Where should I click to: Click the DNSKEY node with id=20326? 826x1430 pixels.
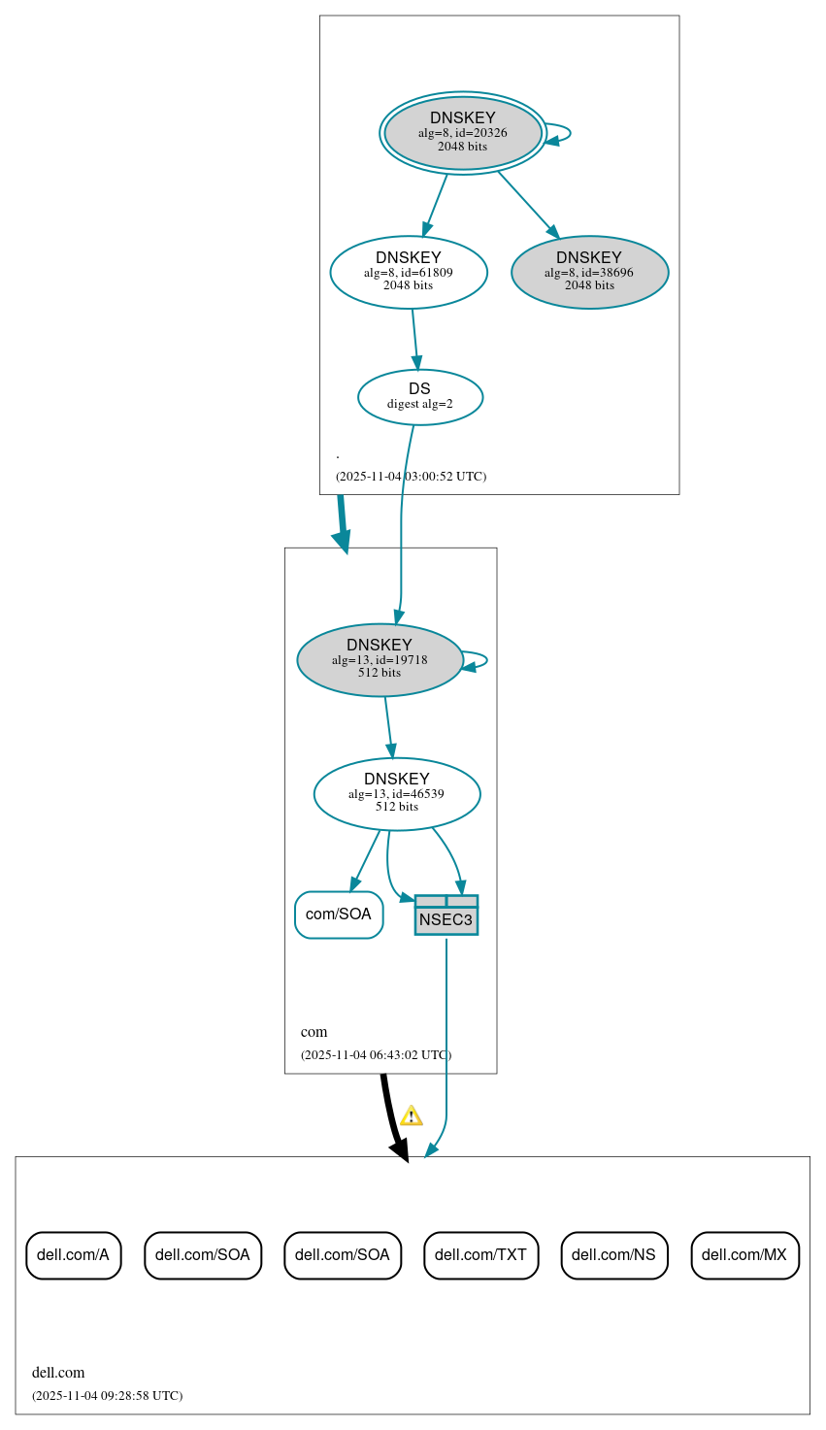pyautogui.click(x=463, y=133)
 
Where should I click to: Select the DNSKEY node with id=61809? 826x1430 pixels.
pyautogui.click(x=409, y=273)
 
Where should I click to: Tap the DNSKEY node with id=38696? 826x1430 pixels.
pyautogui.click(x=589, y=273)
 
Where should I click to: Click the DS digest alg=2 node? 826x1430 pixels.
pyautogui.click(x=420, y=397)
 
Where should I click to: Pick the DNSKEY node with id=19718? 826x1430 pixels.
pyautogui.click(x=380, y=660)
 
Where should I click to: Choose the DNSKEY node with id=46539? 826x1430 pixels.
pyautogui.click(x=397, y=794)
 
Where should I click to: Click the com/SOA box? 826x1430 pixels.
pyautogui.click(x=339, y=915)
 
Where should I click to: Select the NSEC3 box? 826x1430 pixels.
pyautogui.click(x=446, y=915)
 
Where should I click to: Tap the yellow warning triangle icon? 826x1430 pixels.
pyautogui.click(x=412, y=1115)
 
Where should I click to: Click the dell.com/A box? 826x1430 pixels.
pyautogui.click(x=74, y=1255)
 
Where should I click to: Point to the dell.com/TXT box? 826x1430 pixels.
pyautogui.click(x=480, y=1255)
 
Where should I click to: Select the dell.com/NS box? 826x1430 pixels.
pyautogui.click(x=613, y=1255)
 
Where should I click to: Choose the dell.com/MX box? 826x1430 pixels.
pyautogui.click(x=744, y=1255)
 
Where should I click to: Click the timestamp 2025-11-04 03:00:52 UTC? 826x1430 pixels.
pyautogui.click(x=411, y=477)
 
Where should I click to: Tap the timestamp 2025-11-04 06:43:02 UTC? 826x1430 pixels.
pyautogui.click(x=376, y=1055)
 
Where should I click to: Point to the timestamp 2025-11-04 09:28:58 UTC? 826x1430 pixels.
pyautogui.click(x=107, y=1396)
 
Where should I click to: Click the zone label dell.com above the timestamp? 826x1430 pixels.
pyautogui.click(x=58, y=1373)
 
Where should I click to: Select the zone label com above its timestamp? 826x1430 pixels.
pyautogui.click(x=314, y=1032)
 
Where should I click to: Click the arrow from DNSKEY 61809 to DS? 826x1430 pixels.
pyautogui.click(x=414, y=339)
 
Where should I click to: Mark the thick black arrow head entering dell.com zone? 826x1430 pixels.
pyautogui.click(x=400, y=1149)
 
